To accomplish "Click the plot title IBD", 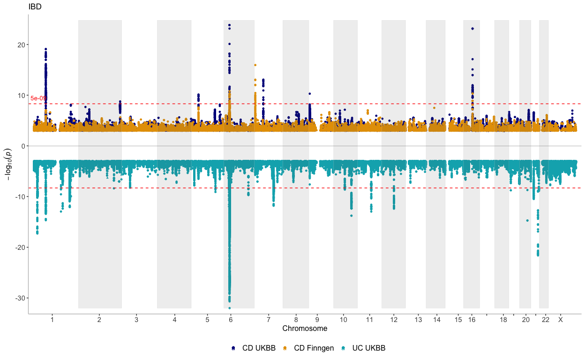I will (35, 7).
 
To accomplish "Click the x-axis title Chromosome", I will (305, 329).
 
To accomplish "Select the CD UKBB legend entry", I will (253, 348).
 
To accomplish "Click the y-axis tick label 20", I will (20, 45).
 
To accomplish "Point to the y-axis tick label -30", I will (19, 298).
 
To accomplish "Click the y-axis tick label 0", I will (22, 146).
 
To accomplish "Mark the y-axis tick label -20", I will (19, 247).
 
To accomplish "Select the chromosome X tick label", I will (560, 320).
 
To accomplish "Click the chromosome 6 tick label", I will (231, 320).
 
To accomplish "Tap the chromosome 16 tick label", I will (472, 320).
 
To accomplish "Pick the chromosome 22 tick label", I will (545, 320).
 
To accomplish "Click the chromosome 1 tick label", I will (52, 320).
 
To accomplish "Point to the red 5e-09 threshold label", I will (38, 98).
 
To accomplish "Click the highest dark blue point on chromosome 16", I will (472, 29).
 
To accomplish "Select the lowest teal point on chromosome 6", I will (229, 308).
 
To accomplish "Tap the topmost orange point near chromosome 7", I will (255, 65).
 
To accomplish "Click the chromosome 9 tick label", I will (317, 320).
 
